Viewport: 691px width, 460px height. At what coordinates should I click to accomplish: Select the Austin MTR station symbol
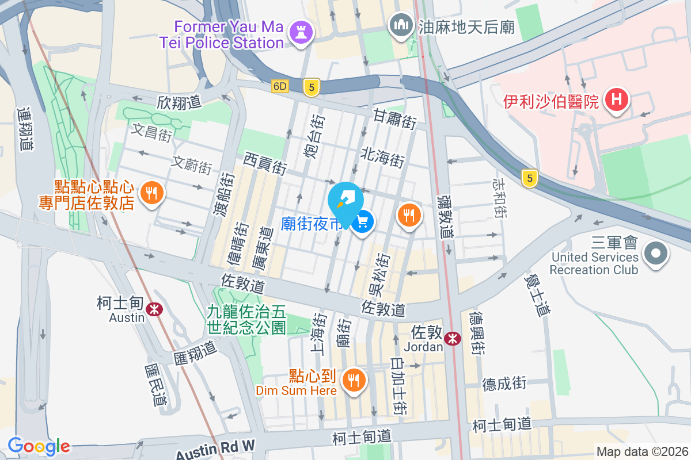pyautogui.click(x=154, y=309)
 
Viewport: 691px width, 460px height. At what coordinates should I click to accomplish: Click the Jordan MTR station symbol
pyautogui.click(x=453, y=339)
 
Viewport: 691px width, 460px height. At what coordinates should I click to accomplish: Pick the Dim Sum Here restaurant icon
pyautogui.click(x=352, y=380)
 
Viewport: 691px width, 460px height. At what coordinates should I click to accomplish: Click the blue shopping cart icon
pyautogui.click(x=363, y=221)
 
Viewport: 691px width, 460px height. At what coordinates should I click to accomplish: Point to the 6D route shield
pyautogui.click(x=280, y=86)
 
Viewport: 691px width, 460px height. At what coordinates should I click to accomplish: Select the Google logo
pyautogui.click(x=39, y=446)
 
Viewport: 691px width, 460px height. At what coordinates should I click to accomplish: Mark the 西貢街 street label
pyautogui.click(x=265, y=163)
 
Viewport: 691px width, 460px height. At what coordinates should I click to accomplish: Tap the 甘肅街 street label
pyautogui.click(x=395, y=119)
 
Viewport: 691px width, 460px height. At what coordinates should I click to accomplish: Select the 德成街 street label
pyautogui.click(x=504, y=383)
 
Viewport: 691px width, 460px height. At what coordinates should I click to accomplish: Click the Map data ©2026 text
pyautogui.click(x=642, y=451)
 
